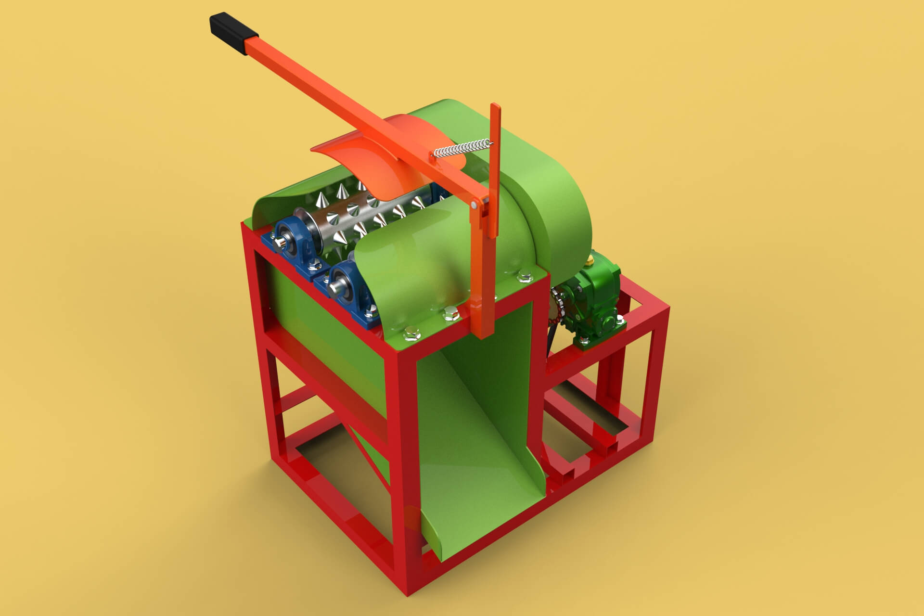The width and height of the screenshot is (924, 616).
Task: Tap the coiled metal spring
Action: [x=462, y=148]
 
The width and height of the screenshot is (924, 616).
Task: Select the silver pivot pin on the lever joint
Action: [x=475, y=205]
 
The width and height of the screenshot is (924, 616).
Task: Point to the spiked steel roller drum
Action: [x=366, y=212]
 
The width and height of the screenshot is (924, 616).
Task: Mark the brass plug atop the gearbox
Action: [x=590, y=262]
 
